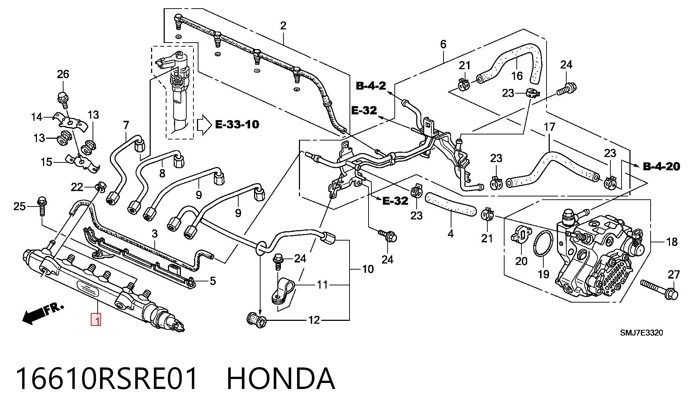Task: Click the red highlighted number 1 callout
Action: [x=96, y=319]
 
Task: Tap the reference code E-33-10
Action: [x=237, y=124]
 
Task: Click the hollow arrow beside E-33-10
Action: [x=205, y=125]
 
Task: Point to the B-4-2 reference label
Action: [x=371, y=86]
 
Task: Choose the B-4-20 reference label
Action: [x=661, y=166]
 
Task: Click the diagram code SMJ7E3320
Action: [x=642, y=333]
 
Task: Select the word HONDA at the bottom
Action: [x=281, y=379]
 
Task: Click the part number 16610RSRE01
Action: [x=107, y=379]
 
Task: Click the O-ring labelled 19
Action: [x=543, y=244]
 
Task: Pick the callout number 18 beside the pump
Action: [x=672, y=242]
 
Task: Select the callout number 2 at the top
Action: [x=283, y=25]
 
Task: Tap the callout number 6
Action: [x=443, y=44]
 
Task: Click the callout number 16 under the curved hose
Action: [x=517, y=76]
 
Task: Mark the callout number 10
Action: [x=368, y=269]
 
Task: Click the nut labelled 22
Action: [x=100, y=187]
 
